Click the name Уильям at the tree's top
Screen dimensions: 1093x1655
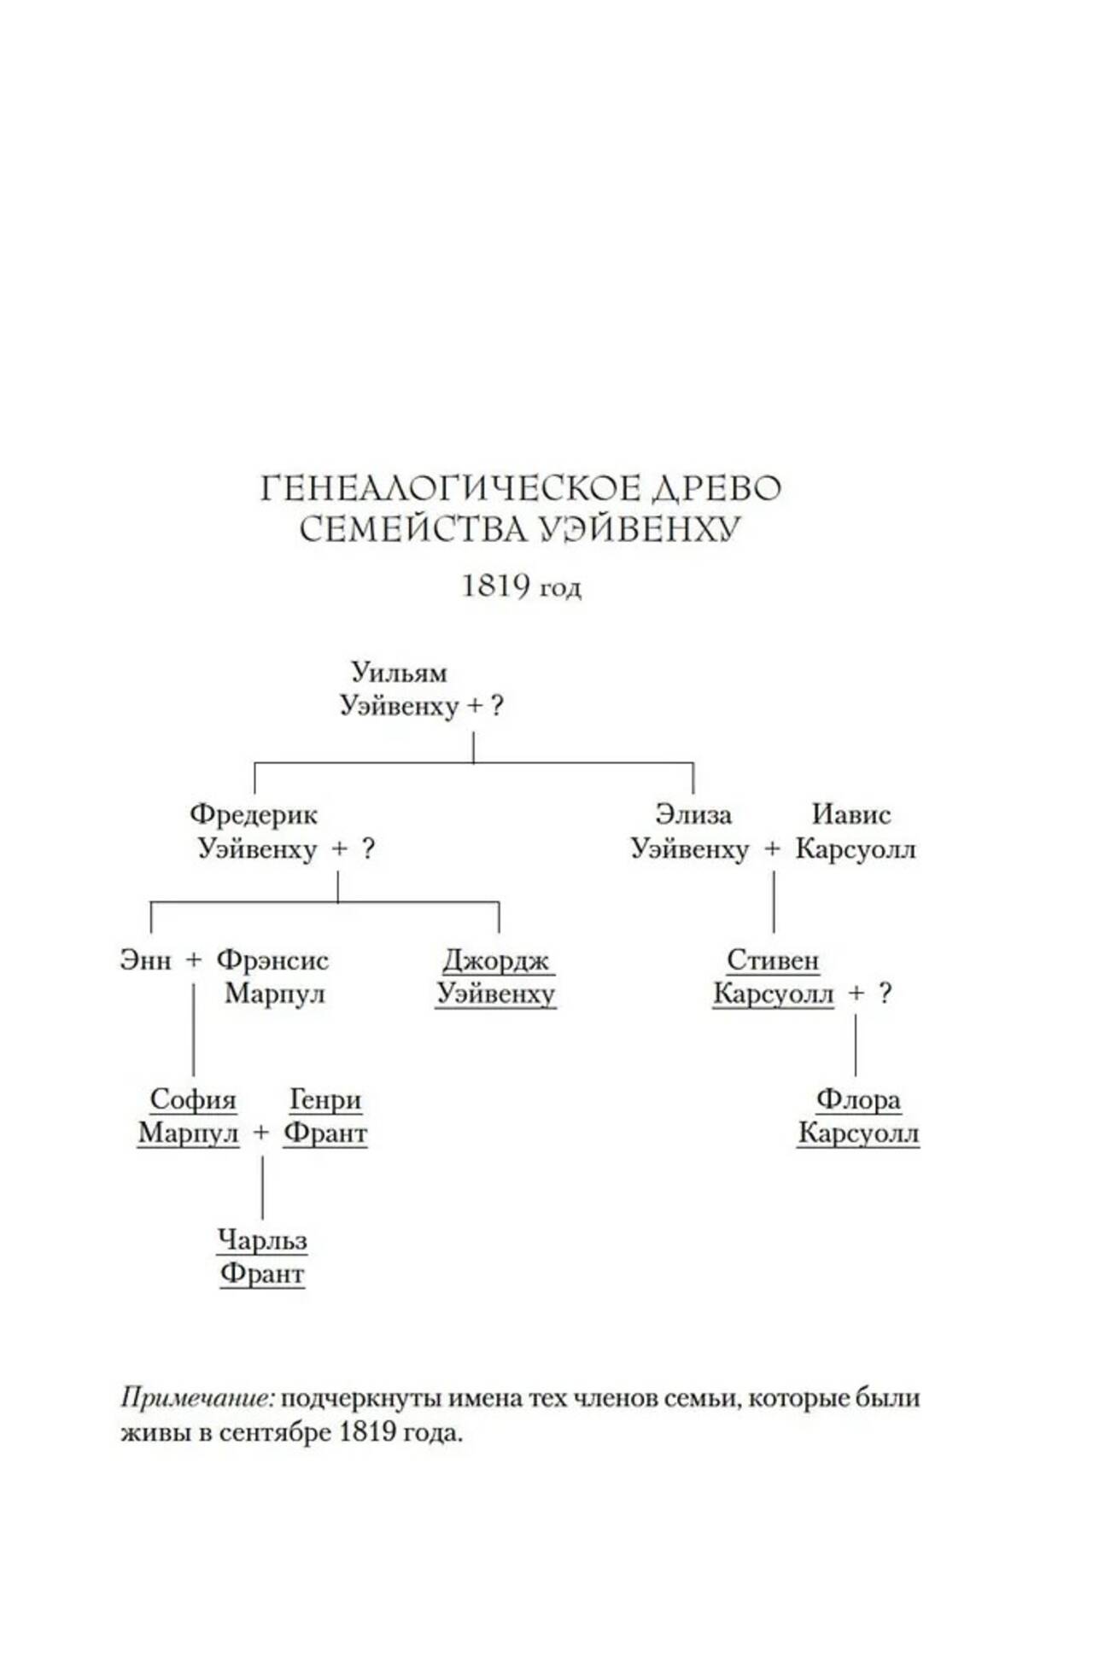[399, 673]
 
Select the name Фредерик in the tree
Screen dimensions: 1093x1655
[254, 814]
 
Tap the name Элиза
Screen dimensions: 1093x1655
[693, 814]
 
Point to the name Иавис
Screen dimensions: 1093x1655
[850, 814]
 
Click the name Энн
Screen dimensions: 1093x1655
[145, 960]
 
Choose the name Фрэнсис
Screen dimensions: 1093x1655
[272, 960]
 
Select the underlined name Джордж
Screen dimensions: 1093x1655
[496, 961]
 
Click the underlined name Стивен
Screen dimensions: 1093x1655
[773, 960]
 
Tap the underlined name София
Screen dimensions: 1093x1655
[193, 1099]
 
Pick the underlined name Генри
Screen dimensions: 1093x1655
[325, 1099]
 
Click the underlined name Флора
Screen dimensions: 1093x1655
[858, 1099]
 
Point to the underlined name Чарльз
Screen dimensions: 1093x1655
[262, 1240]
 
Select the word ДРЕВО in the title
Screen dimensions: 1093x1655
[717, 489]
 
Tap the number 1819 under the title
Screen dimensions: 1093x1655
[495, 586]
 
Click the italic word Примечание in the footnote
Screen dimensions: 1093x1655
[197, 1399]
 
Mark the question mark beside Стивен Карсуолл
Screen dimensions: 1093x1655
[885, 994]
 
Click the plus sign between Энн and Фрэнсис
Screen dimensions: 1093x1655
[194, 961]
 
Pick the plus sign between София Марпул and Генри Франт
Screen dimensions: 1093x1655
[261, 1133]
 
